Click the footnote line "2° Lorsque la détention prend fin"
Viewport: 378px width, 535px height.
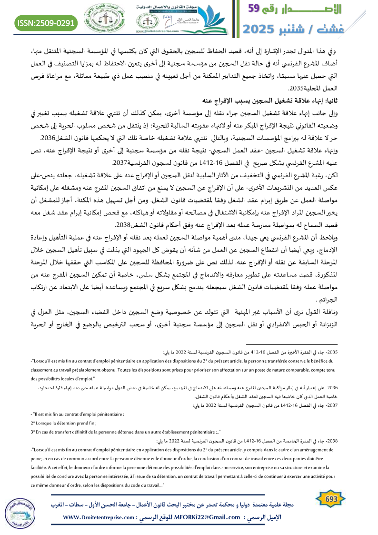pyautogui.click(x=64, y=423)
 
